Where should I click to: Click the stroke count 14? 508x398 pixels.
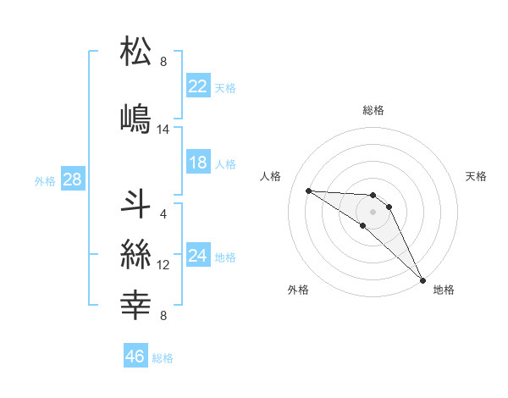(163, 130)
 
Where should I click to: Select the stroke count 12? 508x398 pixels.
(163, 265)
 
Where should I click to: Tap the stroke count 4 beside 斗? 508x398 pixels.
(163, 213)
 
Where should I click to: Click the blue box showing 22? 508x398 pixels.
(198, 86)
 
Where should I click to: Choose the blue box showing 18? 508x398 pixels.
(198, 163)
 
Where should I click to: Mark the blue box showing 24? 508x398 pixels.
(198, 256)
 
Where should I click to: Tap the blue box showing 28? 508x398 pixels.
(71, 180)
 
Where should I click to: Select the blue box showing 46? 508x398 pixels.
(135, 357)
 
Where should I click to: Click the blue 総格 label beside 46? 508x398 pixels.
(163, 358)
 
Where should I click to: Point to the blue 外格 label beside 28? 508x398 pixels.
(45, 180)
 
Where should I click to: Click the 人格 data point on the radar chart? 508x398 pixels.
(308, 191)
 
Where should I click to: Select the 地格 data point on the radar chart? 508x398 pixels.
(422, 279)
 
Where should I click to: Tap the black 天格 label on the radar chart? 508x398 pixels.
(477, 176)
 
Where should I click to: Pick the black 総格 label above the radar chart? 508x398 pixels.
(373, 110)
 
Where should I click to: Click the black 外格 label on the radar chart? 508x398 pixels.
(297, 290)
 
